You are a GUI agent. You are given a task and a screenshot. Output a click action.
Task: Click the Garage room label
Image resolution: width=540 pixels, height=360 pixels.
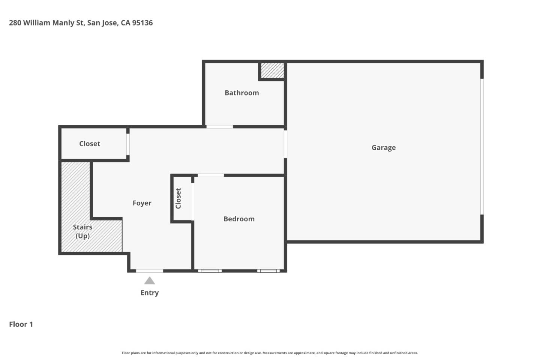[383, 148]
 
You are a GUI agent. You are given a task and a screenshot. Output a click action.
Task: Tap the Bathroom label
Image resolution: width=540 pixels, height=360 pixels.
[241, 93]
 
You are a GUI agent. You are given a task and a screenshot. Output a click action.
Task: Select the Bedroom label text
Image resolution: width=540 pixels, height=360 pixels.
[239, 219]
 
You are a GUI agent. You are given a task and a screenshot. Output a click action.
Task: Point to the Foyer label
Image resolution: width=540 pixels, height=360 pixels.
[142, 203]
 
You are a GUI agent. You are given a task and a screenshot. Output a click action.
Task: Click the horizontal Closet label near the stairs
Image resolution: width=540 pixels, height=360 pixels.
[90, 144]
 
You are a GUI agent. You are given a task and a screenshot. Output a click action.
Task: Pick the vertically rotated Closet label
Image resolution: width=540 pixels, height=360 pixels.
[178, 198]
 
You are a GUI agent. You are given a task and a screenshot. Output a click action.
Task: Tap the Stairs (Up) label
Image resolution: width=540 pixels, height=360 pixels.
[82, 231]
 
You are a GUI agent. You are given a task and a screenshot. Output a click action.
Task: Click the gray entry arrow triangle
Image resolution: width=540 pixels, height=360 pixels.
[150, 280]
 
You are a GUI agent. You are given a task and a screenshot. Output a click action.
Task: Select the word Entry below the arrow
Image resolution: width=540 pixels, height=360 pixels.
[150, 293]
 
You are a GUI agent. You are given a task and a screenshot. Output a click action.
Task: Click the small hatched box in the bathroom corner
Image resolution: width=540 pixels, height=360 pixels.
[272, 70]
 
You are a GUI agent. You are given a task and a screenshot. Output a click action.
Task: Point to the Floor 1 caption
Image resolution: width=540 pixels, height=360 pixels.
[21, 324]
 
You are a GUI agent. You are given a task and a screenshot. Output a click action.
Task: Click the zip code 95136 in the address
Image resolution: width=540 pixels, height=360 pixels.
[142, 23]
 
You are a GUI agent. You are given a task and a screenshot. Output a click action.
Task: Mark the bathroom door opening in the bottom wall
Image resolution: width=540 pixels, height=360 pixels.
[219, 127]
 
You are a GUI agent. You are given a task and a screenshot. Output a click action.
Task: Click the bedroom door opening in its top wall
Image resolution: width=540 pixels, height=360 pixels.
[211, 175]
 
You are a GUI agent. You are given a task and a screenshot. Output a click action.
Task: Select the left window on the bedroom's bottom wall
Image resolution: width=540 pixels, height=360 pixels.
[210, 271]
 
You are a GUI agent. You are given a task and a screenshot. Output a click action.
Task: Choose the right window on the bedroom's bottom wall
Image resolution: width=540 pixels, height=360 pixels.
[268, 271]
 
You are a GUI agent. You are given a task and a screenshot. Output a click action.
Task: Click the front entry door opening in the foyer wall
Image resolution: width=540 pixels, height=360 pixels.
[149, 271]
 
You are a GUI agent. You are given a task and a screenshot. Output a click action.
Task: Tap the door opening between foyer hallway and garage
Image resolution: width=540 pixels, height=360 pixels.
[285, 144]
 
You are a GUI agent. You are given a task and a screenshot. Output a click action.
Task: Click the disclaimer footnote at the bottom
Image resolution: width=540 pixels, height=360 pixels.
[270, 353]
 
